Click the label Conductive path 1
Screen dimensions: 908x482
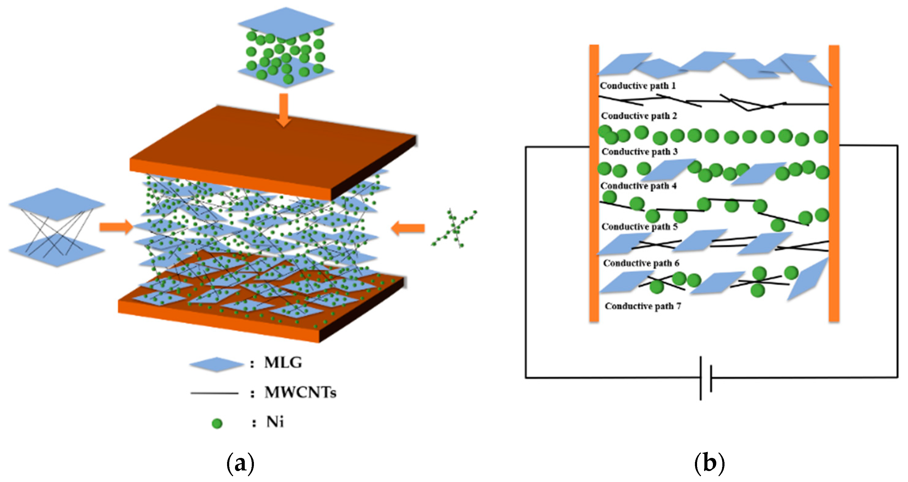coord(638,86)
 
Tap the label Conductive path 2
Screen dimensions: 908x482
coord(639,116)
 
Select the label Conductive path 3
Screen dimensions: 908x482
coord(639,152)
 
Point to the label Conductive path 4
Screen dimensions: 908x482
coord(638,186)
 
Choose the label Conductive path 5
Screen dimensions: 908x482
coord(639,227)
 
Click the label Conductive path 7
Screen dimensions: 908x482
coord(643,306)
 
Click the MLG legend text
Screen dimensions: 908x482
coord(283,363)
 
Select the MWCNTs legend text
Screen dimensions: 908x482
coord(300,392)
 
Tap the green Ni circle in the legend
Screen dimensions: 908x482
coord(217,423)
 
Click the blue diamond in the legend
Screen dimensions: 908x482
coord(216,365)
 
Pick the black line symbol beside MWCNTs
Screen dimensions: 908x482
coord(214,393)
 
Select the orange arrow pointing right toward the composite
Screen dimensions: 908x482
coord(116,227)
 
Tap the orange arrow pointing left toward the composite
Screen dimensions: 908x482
coord(408,228)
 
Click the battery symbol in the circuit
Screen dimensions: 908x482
coord(706,378)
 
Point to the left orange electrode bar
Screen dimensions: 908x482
coord(594,183)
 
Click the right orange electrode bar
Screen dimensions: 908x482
coord(834,183)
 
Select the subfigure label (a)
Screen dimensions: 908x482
coord(240,464)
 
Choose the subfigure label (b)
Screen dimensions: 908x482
coord(709,464)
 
